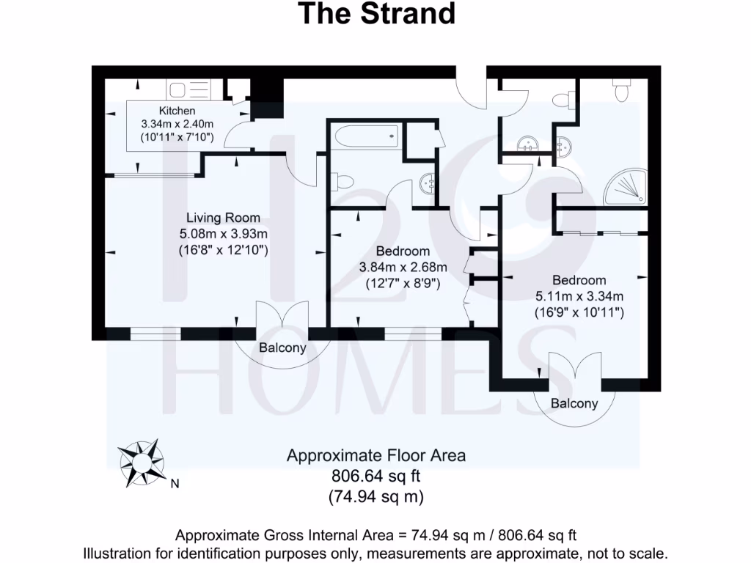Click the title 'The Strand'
point(375,14)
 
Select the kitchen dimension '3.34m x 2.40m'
point(177,124)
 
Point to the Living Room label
point(223,218)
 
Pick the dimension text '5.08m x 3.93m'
point(223,234)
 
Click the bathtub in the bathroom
point(364,136)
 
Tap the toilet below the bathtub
point(342,180)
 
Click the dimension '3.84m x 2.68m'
point(403,267)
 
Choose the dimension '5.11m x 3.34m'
point(579,296)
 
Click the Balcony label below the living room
point(282,348)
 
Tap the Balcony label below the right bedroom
point(574,403)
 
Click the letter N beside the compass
point(175,484)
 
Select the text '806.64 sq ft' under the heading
point(375,476)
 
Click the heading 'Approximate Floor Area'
point(375,455)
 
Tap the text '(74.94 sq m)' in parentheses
point(375,496)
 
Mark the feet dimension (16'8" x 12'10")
point(223,250)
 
